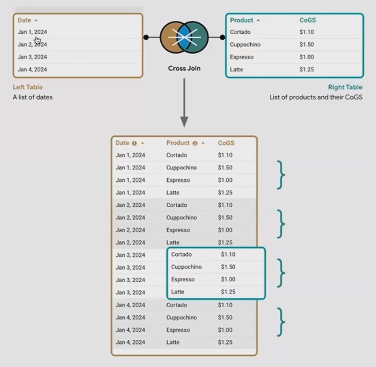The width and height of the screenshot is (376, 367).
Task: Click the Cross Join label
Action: coord(184,69)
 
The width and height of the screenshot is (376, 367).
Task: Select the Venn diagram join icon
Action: coord(184,38)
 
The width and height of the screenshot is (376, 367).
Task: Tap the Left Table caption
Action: coord(28,87)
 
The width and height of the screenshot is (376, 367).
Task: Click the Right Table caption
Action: coord(345,87)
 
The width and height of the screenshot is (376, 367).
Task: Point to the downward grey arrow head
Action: coord(184,121)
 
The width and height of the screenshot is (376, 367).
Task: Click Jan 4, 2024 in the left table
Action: coord(32,69)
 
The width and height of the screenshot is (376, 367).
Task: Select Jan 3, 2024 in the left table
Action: coord(32,57)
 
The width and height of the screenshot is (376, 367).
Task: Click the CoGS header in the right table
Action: coord(307,20)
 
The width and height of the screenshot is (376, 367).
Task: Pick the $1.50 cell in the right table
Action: coord(307,45)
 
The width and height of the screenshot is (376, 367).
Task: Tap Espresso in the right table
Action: coord(242,57)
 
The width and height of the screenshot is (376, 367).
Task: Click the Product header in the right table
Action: coord(242,20)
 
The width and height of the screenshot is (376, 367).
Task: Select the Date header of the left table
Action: coord(24,20)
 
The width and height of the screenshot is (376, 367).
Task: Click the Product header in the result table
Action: coord(178,143)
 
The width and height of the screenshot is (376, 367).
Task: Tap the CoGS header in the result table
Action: coord(226,143)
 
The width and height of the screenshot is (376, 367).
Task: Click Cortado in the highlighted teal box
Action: coord(181,254)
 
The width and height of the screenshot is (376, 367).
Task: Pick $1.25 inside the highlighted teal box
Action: coord(228,292)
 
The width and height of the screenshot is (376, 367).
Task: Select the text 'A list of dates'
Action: coord(33,97)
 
